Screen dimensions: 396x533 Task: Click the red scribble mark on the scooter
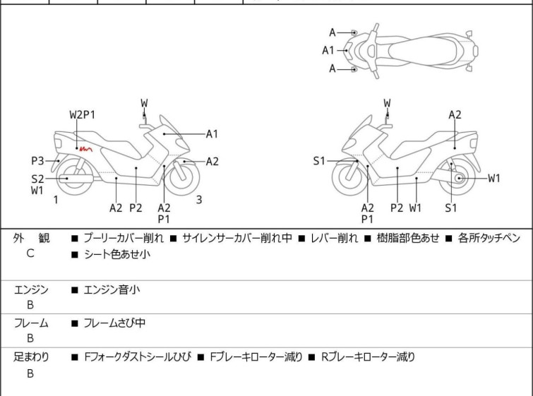tap(85, 149)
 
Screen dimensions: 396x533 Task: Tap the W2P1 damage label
tap(82, 114)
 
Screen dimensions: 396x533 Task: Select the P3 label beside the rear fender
tap(37, 160)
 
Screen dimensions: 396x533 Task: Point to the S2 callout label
tap(37, 179)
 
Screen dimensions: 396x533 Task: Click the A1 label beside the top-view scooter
tap(328, 50)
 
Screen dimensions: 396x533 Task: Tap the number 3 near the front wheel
tap(199, 200)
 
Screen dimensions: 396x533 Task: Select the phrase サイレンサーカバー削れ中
tap(236, 239)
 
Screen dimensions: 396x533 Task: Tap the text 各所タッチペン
tap(489, 239)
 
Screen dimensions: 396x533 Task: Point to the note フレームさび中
tap(114, 323)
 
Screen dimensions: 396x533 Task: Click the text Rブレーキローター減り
tap(368, 357)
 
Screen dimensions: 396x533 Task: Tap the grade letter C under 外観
tap(30, 253)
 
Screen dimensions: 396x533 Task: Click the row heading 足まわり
tap(32, 357)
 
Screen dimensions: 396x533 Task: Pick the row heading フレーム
tap(32, 323)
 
